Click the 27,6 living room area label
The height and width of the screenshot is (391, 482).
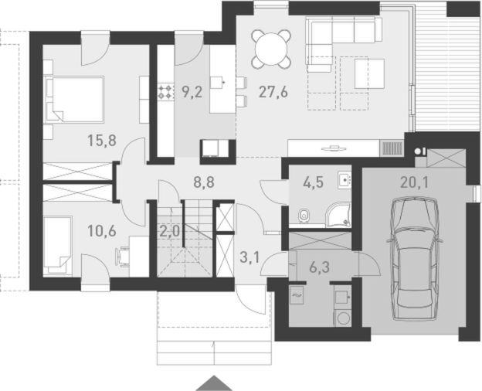point(273,92)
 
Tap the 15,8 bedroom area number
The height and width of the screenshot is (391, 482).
point(102,141)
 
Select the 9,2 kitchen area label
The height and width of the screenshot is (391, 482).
point(192,92)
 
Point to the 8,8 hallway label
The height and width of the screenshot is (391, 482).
point(204,182)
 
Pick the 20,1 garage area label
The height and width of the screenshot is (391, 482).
point(414,182)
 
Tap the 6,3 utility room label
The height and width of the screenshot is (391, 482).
point(319,267)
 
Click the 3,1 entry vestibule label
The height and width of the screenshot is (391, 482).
point(249,257)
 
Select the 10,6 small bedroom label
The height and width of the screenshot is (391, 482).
point(102,231)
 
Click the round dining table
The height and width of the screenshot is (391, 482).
point(271,49)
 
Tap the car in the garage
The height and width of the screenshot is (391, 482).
point(414,259)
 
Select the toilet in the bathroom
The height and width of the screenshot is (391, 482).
point(304,215)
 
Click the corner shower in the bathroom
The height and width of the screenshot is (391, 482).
point(338,215)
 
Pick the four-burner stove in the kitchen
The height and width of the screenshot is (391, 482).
point(165,92)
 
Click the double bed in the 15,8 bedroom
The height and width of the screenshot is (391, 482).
point(75,100)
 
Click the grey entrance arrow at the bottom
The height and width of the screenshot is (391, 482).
point(214,383)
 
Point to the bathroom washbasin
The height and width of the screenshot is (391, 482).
point(345,179)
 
